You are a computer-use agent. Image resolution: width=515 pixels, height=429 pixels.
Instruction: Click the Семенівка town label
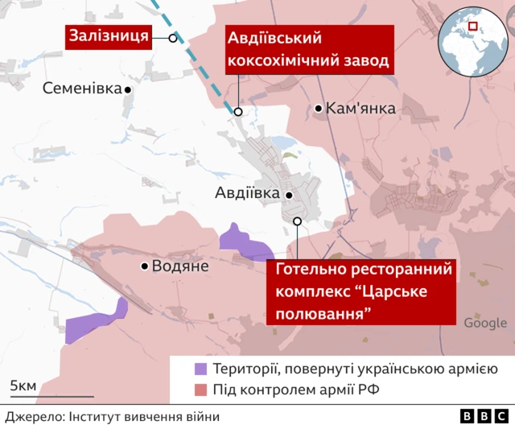tap(82, 89)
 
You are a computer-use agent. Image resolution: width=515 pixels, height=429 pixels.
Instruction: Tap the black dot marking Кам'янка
tap(319, 108)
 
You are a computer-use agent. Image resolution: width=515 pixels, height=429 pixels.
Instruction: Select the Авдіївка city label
tap(247, 193)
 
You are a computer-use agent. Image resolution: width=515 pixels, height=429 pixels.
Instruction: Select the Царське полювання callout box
tap(364, 291)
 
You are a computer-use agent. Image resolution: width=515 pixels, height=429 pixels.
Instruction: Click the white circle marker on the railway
tap(173, 38)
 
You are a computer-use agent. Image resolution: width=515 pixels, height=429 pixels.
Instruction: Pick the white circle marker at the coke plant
tap(238, 111)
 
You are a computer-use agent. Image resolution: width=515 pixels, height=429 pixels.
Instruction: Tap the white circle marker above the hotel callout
tap(297, 221)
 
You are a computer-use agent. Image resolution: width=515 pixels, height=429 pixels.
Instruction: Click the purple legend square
tap(200, 369)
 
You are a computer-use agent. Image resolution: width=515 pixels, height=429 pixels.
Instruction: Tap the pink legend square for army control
tap(200, 391)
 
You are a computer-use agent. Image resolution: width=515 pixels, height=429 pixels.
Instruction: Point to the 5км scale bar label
tap(23, 386)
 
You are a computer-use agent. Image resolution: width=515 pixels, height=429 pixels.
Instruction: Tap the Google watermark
tap(485, 324)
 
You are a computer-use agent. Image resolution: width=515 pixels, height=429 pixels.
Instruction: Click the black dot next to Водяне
tap(145, 266)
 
